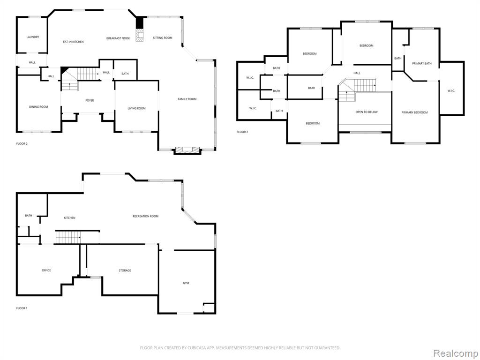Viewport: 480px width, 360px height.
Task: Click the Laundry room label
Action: pos(33,37)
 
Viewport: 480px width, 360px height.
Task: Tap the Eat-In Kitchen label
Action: pos(73,42)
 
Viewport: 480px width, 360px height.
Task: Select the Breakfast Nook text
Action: pos(118,38)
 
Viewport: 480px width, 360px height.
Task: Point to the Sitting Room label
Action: pos(163,38)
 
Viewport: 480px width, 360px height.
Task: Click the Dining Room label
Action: pos(38,107)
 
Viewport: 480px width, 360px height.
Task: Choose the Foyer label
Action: pos(90,100)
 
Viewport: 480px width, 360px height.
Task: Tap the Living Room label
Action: pos(136,108)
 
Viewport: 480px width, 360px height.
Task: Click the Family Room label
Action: pos(187,99)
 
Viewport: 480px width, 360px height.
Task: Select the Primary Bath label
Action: pos(422,63)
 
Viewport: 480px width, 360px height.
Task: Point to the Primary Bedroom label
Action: pos(414,112)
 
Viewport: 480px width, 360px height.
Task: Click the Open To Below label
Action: pos(367,112)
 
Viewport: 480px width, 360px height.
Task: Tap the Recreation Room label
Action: pos(145,216)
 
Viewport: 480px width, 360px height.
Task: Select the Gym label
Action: pos(186,283)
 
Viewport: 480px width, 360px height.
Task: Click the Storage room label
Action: pos(125,270)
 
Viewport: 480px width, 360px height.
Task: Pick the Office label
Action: pos(46,270)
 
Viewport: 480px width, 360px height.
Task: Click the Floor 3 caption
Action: pos(242,132)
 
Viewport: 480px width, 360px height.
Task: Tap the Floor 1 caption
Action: pos(22,308)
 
